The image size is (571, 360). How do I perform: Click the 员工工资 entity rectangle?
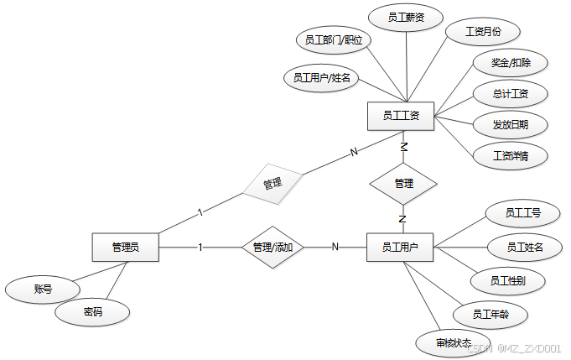[x=401, y=116]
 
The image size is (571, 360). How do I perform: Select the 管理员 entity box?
[x=125, y=248]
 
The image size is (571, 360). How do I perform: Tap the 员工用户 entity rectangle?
[x=400, y=247]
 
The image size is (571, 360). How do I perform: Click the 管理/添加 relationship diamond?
[x=273, y=248]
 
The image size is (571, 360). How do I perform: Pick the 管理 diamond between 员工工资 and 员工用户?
[x=403, y=183]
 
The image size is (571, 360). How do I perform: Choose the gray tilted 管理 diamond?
[x=273, y=183]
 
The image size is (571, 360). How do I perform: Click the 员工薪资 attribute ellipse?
[x=405, y=18]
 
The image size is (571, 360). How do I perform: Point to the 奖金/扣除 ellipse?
[x=509, y=63]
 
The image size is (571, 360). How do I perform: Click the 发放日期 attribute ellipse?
[x=509, y=125]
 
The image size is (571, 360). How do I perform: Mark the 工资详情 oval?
[x=509, y=155]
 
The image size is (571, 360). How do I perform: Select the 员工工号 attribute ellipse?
[x=522, y=214]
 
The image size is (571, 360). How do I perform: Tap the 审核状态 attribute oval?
[x=454, y=342]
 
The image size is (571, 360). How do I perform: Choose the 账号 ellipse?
[x=43, y=290]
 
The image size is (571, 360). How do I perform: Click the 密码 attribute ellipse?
[x=92, y=312]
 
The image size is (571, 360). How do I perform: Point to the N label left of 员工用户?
[x=335, y=247]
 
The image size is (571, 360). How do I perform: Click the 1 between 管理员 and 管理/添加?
[x=200, y=247]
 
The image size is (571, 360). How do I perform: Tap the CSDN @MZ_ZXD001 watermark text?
[x=513, y=348]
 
